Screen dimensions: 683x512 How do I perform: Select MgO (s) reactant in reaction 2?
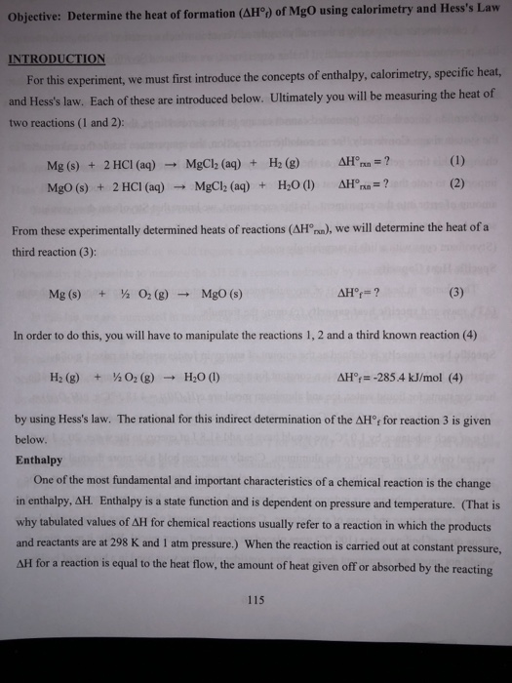[67, 183]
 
